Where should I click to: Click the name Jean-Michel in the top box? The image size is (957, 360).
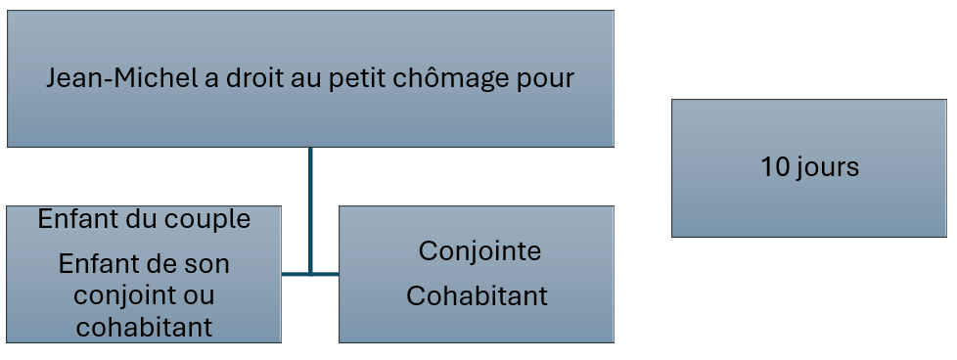coord(122,78)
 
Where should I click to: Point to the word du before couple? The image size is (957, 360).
coord(138,219)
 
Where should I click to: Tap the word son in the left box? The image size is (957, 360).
coord(205,266)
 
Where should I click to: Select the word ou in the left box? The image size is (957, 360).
coord(198,297)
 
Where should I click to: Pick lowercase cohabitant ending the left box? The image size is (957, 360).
coord(144,327)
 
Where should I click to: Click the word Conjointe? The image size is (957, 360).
coord(479,250)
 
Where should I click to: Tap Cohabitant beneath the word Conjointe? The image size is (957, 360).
coord(477,296)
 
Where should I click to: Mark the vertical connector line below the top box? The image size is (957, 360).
coord(310,211)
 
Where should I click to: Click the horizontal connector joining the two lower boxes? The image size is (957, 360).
coord(310,274)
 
